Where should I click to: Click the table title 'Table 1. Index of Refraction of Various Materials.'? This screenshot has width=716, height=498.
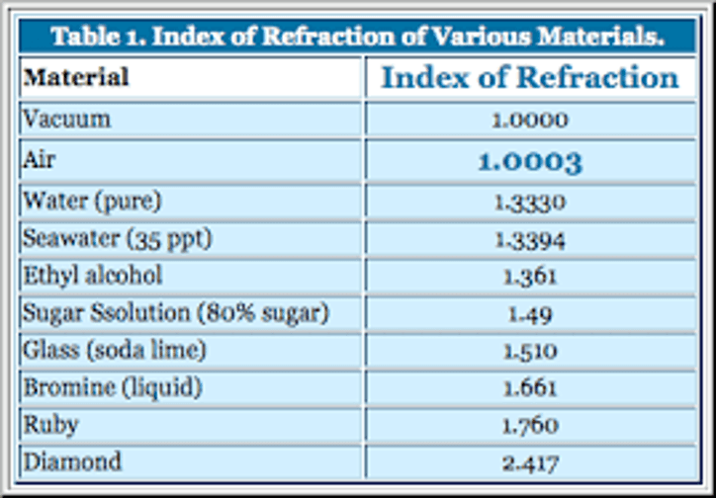point(358,37)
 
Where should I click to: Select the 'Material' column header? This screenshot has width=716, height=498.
point(76,77)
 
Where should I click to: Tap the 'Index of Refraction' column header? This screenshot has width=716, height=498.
point(530,77)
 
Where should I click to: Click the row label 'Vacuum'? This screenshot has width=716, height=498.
point(66,120)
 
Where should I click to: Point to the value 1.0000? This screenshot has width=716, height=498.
point(530,121)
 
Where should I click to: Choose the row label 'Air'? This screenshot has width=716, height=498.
point(39,160)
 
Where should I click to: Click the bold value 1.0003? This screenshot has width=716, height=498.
point(530,162)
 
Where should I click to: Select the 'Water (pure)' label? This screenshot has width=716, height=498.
point(92,202)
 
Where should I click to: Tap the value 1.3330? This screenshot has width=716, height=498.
point(530,203)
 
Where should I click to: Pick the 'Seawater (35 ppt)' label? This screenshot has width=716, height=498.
point(118,239)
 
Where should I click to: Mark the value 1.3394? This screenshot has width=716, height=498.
point(530,240)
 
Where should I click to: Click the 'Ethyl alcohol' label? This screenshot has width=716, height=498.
point(93,276)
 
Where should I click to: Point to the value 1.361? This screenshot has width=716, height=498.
point(530,277)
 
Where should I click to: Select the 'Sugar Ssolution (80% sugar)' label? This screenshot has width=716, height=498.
point(176,313)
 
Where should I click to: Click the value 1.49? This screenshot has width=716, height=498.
point(530,314)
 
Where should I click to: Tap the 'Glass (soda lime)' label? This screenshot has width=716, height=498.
point(115,350)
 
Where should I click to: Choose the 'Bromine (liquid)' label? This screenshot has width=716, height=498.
point(113,387)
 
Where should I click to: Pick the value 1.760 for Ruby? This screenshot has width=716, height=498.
point(530,426)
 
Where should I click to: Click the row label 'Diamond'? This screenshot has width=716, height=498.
point(72,461)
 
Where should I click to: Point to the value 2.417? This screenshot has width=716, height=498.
point(530,463)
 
